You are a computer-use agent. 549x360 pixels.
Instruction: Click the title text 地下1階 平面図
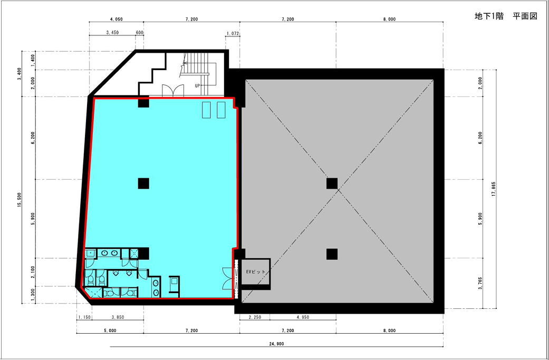point(506,16)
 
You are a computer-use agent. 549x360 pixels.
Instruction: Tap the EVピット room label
point(256,271)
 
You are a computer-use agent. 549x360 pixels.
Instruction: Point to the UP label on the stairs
point(197,85)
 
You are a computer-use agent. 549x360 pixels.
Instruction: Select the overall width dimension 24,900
point(277,344)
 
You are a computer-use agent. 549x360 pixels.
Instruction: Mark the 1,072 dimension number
point(233,34)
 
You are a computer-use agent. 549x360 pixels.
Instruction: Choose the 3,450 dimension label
point(112,32)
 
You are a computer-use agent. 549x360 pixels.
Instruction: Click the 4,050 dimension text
point(116,20)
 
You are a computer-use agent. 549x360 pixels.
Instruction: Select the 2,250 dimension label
point(255,317)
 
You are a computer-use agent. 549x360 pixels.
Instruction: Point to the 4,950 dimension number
point(303,317)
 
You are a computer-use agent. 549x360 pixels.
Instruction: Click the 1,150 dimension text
point(84,317)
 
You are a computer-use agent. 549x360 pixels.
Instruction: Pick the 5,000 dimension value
point(110,330)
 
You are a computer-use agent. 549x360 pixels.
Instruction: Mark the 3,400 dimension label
point(20,74)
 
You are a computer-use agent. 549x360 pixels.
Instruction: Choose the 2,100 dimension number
point(33,272)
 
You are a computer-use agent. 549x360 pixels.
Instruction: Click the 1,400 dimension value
point(33,61)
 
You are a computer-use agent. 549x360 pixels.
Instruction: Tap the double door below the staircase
point(172,90)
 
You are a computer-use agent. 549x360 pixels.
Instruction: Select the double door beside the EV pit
point(228,278)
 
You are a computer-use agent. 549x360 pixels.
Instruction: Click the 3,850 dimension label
point(118,317)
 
